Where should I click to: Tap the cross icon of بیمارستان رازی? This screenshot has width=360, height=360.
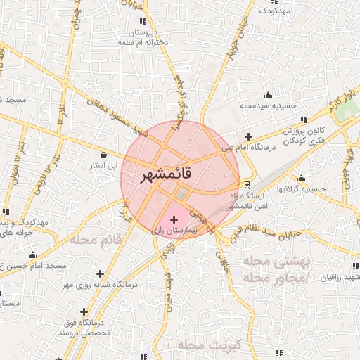coord(174,220)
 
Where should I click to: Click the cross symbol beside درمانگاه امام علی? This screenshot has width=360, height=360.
coord(247,136)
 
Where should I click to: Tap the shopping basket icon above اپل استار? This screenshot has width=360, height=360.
coord(104,155)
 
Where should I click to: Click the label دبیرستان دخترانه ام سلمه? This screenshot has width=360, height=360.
coord(147,38)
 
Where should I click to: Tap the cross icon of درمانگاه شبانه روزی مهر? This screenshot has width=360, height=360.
coord(101,274)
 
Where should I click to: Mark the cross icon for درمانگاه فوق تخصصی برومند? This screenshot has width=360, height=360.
coord(84,311)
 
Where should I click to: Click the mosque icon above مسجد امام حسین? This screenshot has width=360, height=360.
coord(32,255)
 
